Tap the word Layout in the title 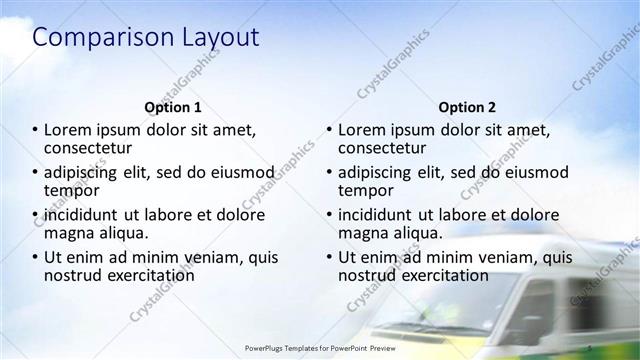click(x=217, y=38)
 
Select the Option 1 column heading click(x=173, y=106)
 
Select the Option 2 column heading click(x=466, y=106)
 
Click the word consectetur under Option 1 click(x=91, y=148)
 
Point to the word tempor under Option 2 click(x=366, y=190)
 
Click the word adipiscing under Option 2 click(x=381, y=172)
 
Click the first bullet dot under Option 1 click(x=36, y=130)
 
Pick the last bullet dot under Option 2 click(x=329, y=258)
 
